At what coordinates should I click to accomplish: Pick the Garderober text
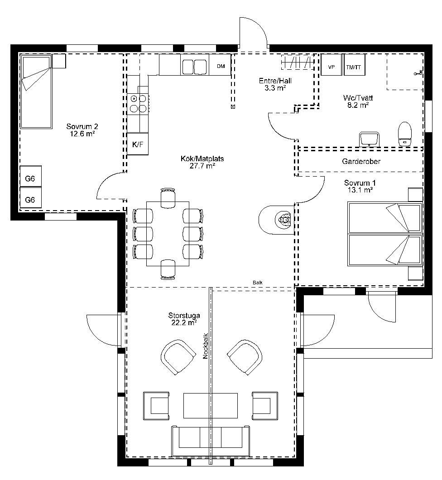click(x=361, y=161)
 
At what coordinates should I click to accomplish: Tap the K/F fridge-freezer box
click(x=138, y=144)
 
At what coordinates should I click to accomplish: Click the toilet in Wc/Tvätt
click(x=404, y=134)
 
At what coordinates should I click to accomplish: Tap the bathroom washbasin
click(x=370, y=139)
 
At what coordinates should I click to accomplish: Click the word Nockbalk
click(x=206, y=346)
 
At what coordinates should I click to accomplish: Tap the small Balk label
click(x=257, y=283)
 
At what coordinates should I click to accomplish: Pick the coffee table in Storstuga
click(x=210, y=406)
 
